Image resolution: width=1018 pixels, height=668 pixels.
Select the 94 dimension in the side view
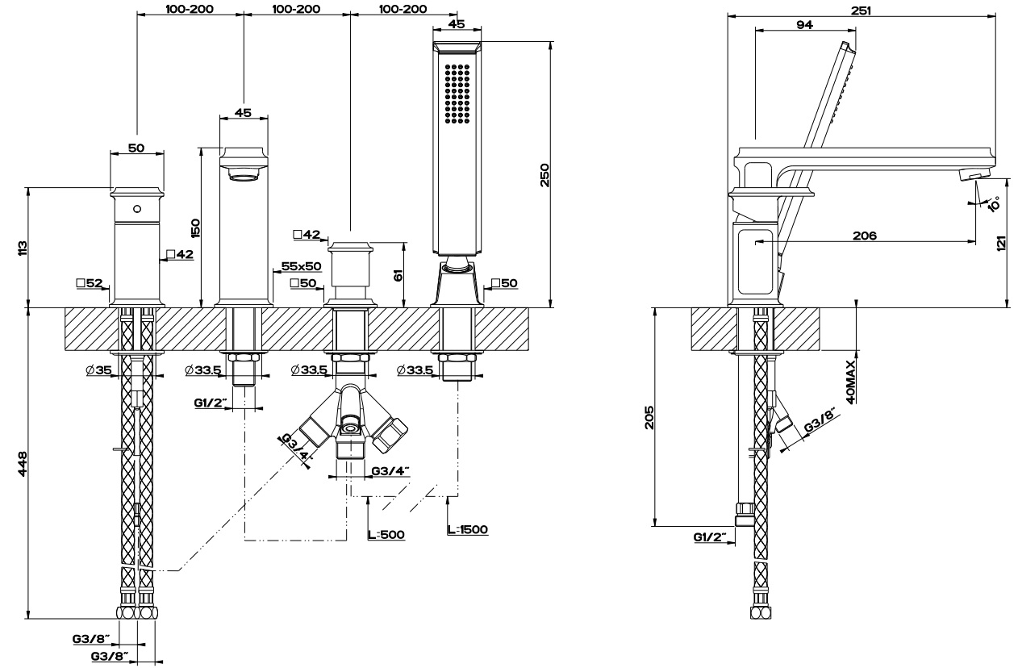pos(803,24)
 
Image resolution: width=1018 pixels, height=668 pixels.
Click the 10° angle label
pos(991,202)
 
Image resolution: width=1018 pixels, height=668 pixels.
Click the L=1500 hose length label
pos(466,530)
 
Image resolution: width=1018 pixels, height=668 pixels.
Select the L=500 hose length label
pos(386,534)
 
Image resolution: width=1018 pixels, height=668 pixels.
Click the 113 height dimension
pos(22,248)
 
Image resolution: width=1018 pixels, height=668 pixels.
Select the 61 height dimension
pos(398,274)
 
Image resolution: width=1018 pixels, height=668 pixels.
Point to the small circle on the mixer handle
pos(136,209)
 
